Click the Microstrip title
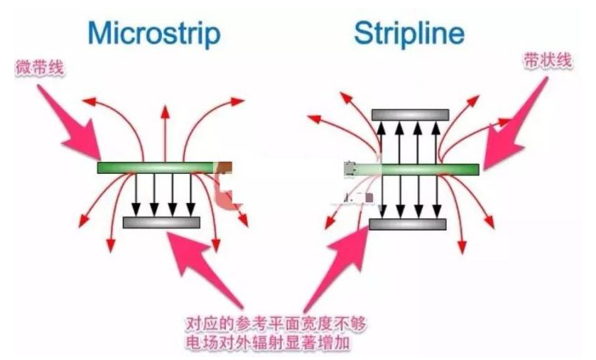click(x=154, y=34)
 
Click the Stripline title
click(x=409, y=33)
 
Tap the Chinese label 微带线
click(x=39, y=68)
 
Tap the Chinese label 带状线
click(x=548, y=60)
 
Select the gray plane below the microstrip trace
click(x=161, y=222)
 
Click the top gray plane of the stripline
click(x=410, y=115)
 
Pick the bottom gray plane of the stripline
click(x=408, y=224)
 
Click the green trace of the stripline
click(x=411, y=170)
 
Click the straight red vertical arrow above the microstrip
click(x=165, y=133)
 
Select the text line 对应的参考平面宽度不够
click(x=276, y=324)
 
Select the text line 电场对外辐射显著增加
click(x=268, y=342)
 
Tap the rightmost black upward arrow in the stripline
click(x=436, y=143)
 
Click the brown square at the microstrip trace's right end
click(x=224, y=167)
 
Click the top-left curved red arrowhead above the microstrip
click(x=90, y=101)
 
